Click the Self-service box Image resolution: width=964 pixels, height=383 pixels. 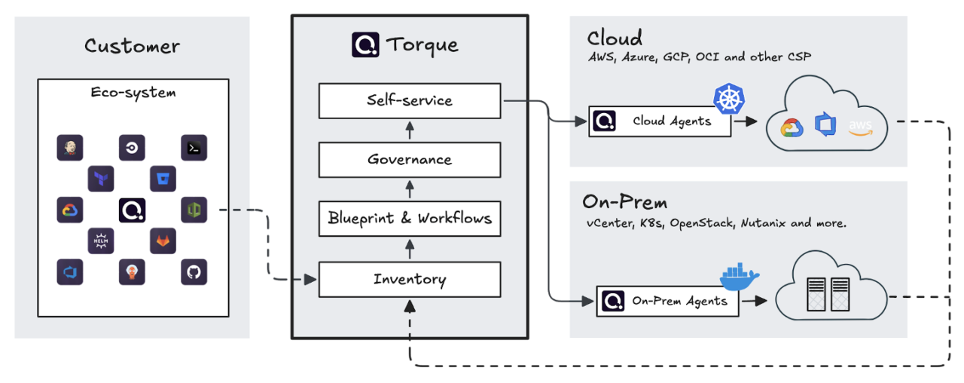point(410,101)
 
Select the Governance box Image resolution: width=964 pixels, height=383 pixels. point(410,160)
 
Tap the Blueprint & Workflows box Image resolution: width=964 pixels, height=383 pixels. point(410,219)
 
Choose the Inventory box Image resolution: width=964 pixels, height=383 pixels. point(410,279)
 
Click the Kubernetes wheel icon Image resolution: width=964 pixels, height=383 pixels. point(728,100)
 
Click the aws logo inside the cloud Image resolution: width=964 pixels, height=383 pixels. point(862,127)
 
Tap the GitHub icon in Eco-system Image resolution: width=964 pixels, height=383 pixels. point(194,271)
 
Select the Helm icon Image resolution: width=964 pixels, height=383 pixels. point(100,241)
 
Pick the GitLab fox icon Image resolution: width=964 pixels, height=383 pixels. point(163,241)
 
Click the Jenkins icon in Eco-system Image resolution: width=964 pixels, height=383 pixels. point(69,148)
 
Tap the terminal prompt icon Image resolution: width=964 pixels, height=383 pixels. point(194,149)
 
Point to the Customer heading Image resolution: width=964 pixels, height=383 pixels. point(133,46)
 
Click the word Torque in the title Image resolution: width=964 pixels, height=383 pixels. point(423,44)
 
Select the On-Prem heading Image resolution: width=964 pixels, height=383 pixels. point(624,202)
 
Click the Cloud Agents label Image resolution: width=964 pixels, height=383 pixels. point(672,121)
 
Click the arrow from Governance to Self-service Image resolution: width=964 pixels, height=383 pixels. point(410,130)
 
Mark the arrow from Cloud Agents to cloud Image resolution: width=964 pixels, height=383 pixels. point(745,121)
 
